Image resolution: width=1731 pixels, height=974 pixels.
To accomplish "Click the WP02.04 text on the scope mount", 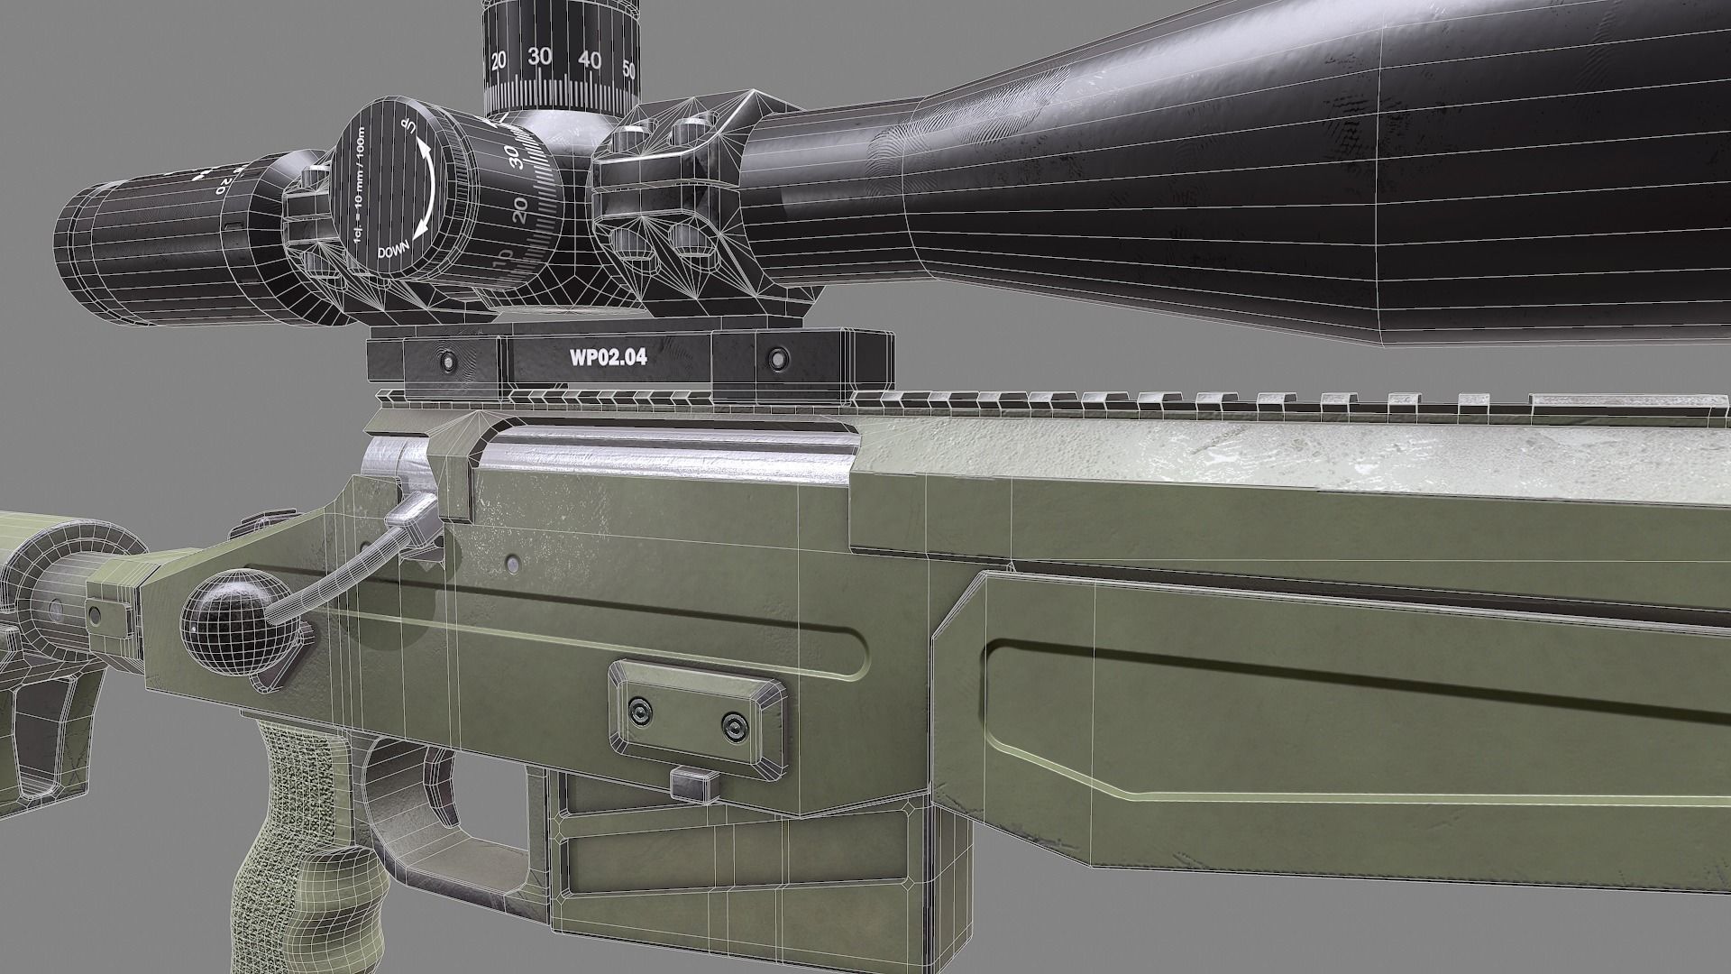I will [x=608, y=356].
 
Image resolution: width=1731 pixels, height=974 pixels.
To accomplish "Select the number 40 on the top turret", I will [x=590, y=60].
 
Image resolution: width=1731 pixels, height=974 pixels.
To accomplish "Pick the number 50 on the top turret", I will [x=629, y=69].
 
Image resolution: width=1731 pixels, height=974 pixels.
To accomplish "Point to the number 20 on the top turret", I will [x=499, y=60].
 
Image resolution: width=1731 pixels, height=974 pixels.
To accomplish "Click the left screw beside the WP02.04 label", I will [x=444, y=361].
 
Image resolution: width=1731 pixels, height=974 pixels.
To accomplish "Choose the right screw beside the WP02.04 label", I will [x=774, y=360].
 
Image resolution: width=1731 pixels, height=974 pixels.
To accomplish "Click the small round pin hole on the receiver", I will [x=512, y=564].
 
